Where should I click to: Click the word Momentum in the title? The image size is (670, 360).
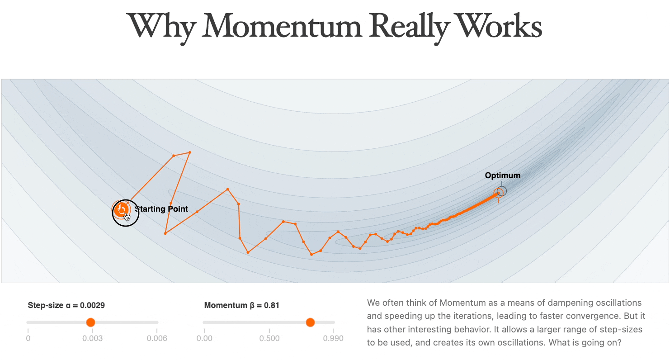(x=283, y=26)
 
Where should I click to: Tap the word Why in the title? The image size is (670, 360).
(x=161, y=26)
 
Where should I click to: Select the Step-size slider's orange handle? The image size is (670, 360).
(x=90, y=322)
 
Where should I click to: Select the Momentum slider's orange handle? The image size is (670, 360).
(x=310, y=322)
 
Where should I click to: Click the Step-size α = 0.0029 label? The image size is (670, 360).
(x=66, y=305)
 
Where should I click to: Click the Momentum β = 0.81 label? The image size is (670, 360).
(x=241, y=305)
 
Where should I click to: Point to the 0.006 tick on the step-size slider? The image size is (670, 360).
(x=158, y=338)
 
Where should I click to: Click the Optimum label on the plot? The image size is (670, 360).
(x=502, y=175)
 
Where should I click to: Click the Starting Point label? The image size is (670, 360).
(x=162, y=209)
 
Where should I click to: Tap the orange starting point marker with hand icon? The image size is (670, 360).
(x=121, y=210)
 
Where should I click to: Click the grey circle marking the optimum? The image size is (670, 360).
(x=501, y=191)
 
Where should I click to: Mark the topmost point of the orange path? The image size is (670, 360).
(x=189, y=152)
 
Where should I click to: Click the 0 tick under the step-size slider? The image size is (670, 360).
(x=28, y=338)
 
